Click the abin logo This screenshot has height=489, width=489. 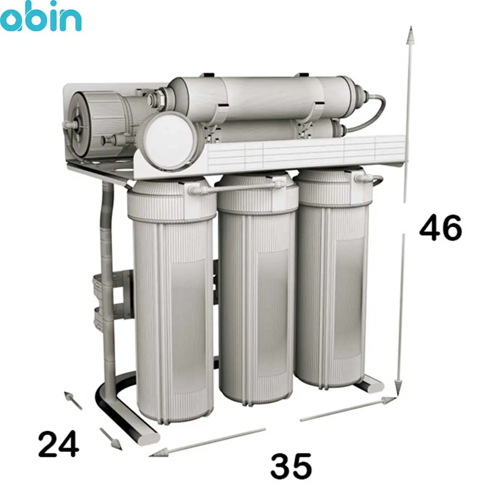41,16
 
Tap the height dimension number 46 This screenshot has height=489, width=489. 441,228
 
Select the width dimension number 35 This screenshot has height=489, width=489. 291,466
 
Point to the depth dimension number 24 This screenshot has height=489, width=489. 58,443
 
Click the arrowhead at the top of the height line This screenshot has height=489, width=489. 411,34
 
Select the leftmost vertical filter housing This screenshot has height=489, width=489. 172,299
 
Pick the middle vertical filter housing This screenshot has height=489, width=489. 257,288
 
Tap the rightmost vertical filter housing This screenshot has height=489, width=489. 334,278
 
